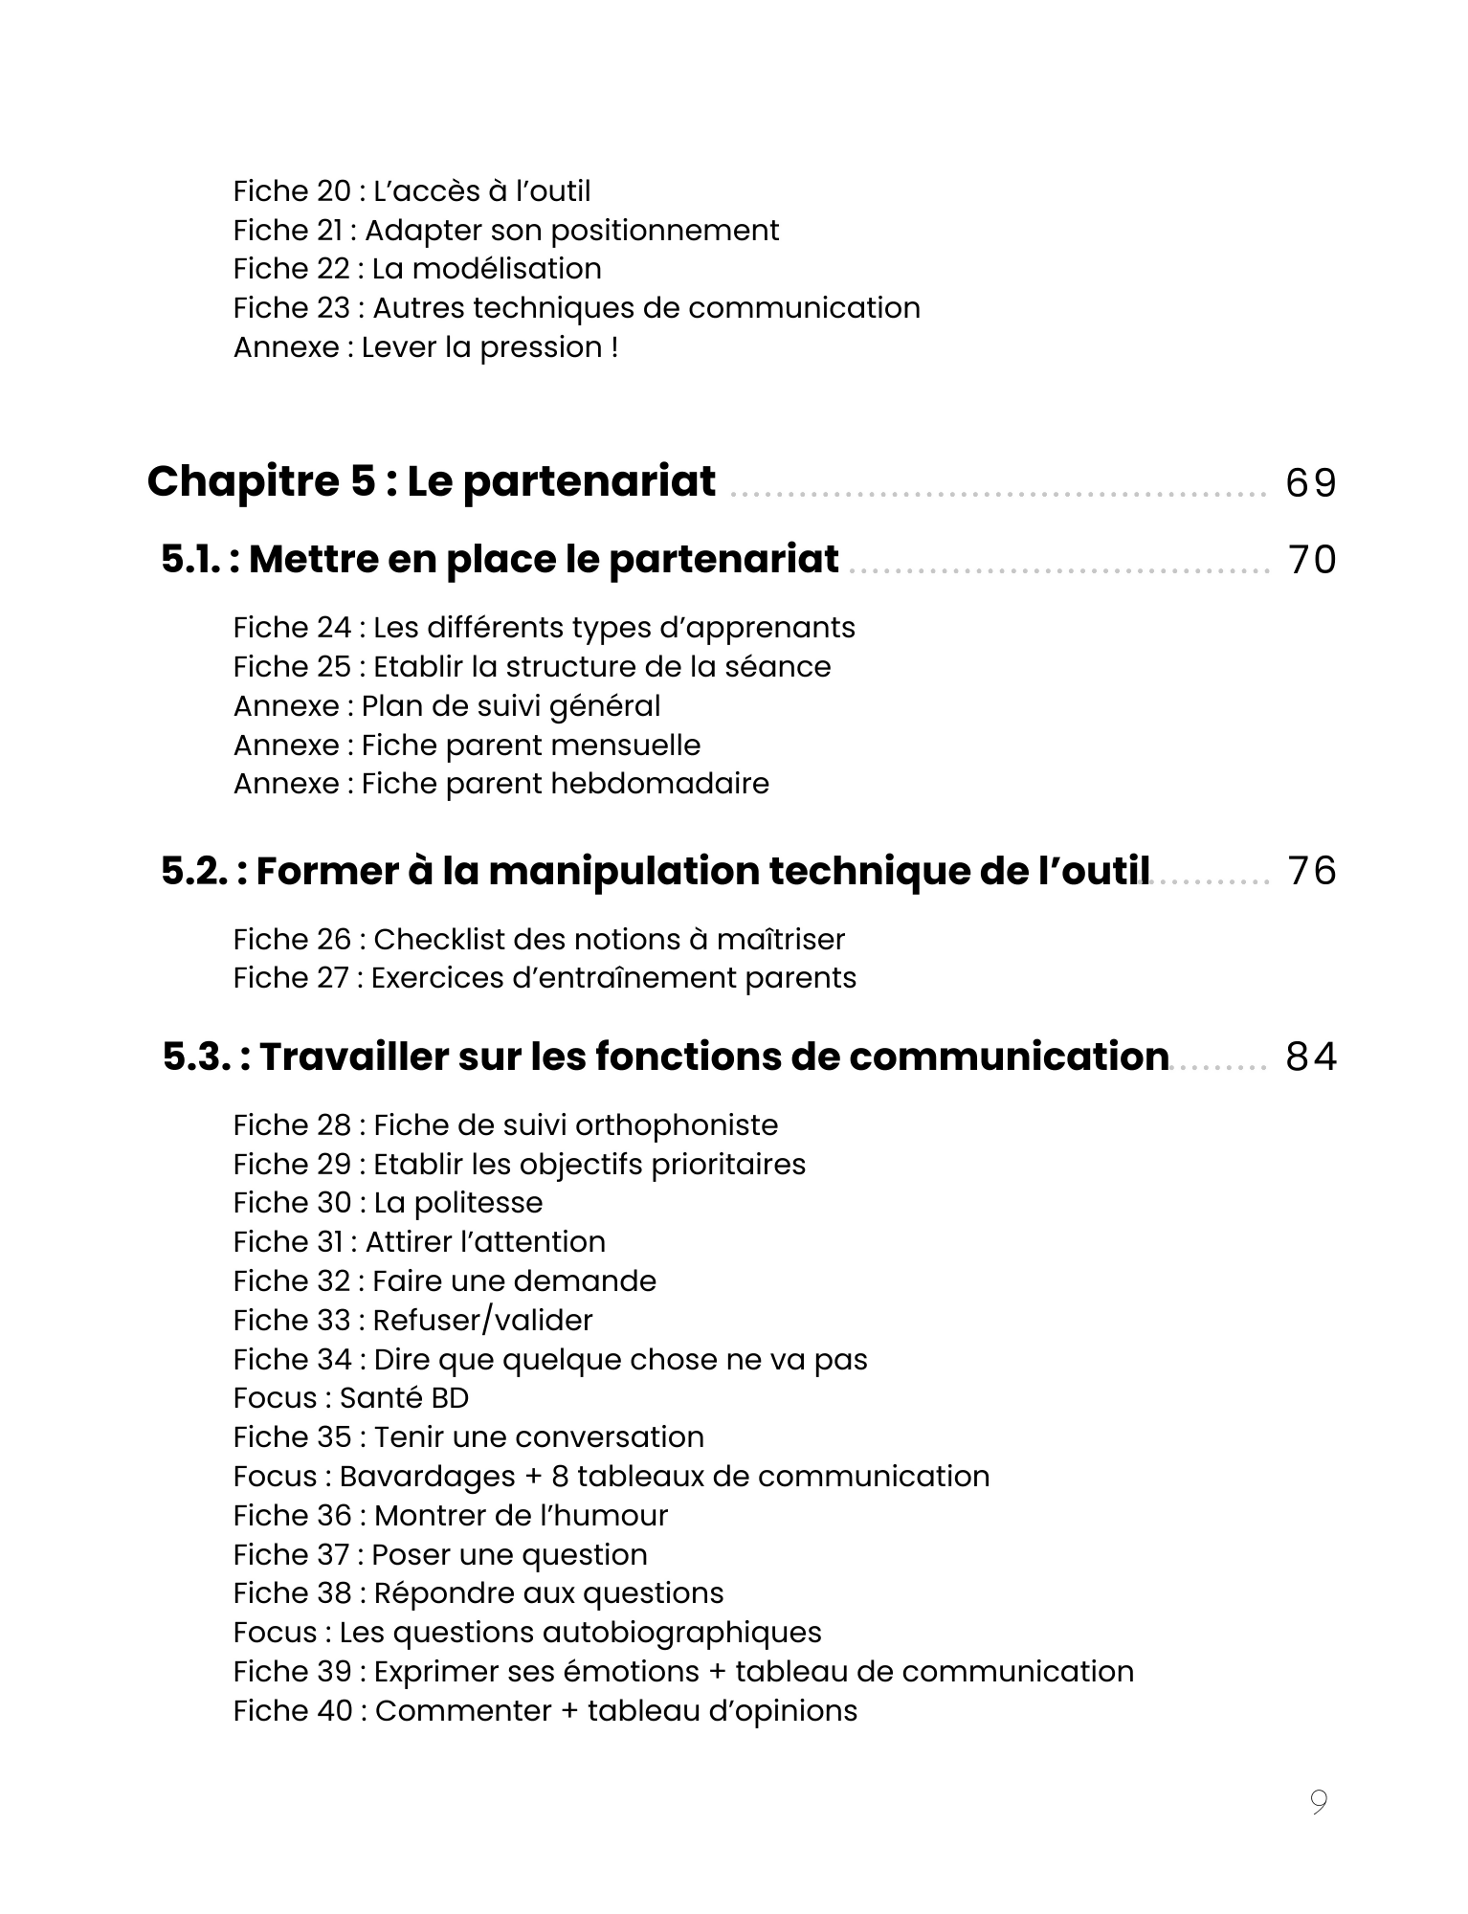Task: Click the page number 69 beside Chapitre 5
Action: (1310, 483)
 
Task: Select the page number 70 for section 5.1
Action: (1311, 561)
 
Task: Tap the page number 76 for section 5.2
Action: (1311, 872)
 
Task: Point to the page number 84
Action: (1310, 1057)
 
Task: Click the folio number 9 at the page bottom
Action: (1319, 1803)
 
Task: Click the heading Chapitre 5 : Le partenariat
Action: (431, 481)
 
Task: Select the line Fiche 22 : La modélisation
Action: (417, 269)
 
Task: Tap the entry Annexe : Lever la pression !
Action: (425, 347)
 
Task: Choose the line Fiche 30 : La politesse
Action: (388, 1203)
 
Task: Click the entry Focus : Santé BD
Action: (351, 1398)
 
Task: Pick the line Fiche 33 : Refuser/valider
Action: (412, 1321)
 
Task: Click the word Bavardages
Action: (427, 1477)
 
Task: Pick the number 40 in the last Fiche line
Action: (333, 1711)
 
